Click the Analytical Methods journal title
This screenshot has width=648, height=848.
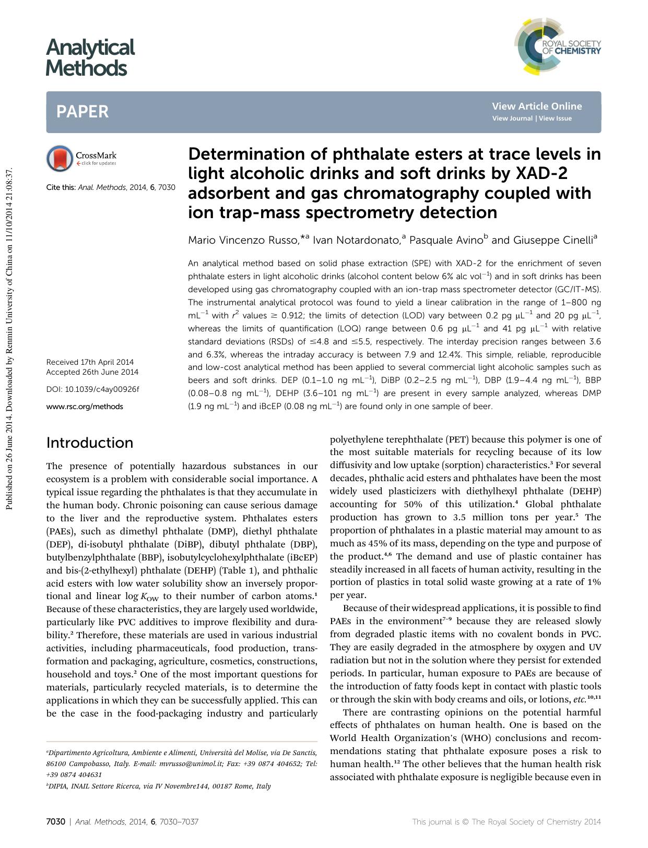click(90, 57)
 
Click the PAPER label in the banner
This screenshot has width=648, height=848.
click(83, 112)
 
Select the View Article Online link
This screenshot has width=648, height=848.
click(536, 106)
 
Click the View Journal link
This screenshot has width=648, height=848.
click(512, 118)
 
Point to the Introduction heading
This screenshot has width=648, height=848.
click(90, 443)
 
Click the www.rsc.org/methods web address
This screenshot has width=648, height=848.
click(85, 407)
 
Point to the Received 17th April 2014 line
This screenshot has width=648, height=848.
click(90, 362)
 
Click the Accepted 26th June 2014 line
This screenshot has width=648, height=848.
click(92, 372)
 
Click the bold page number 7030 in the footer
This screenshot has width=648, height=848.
click(55, 822)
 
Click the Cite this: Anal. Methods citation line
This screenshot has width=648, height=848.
click(111, 187)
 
